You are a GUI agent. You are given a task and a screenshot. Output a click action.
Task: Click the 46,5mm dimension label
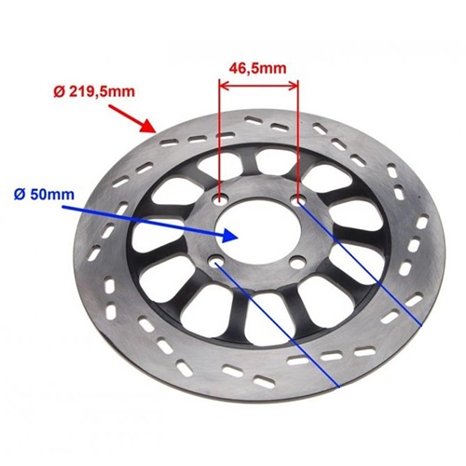pos(257,68)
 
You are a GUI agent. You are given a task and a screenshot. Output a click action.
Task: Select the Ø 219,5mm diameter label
pos(94,92)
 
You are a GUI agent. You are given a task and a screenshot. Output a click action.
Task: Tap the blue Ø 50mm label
pos(44,195)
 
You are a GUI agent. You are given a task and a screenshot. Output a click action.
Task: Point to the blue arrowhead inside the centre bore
pos(230,236)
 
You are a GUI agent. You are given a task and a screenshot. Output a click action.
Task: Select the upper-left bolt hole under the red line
pos(220,199)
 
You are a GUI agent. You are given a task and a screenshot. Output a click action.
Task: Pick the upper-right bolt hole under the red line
pos(298,200)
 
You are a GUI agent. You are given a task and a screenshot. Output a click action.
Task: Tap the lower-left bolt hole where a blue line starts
pos(215,261)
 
